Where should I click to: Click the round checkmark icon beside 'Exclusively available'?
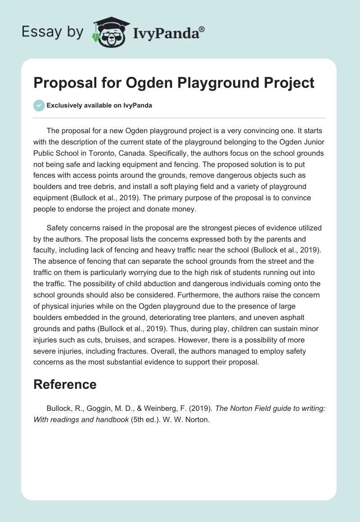point(39,105)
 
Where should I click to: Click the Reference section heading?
point(65,384)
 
